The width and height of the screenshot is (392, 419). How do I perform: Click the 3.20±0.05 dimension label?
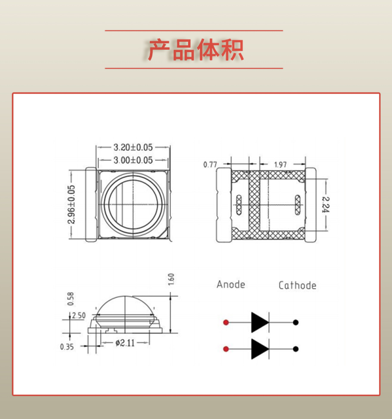click(x=133, y=147)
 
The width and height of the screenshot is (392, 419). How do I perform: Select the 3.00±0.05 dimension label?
click(x=133, y=160)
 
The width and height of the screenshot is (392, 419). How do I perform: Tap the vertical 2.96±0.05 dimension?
click(x=71, y=204)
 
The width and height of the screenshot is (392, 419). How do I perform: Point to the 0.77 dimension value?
click(x=210, y=165)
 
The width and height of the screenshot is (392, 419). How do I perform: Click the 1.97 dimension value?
click(x=280, y=165)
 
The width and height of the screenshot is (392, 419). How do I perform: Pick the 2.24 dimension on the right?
click(x=326, y=204)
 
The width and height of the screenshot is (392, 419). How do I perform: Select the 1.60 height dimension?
click(x=171, y=279)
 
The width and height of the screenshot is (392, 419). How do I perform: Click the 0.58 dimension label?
click(x=71, y=299)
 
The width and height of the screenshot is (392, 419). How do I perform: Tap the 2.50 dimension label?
click(x=79, y=315)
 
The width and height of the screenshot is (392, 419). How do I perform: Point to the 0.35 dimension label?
click(x=67, y=347)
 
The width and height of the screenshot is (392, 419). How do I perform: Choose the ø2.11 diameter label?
click(x=125, y=343)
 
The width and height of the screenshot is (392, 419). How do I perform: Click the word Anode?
click(x=231, y=285)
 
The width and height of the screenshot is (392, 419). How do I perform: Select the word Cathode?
click(x=297, y=285)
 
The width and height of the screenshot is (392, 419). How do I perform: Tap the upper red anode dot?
click(x=226, y=322)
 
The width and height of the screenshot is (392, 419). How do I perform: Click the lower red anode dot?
click(x=226, y=349)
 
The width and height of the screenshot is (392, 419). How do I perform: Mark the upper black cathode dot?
click(x=295, y=322)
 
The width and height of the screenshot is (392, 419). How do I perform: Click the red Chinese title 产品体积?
click(x=196, y=50)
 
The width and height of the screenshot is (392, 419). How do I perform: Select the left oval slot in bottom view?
click(x=239, y=205)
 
